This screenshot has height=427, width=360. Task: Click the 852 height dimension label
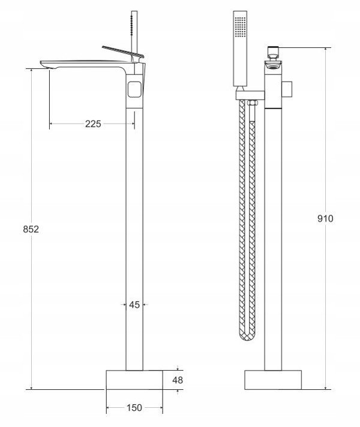31,229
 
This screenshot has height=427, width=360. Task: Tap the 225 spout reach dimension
93,124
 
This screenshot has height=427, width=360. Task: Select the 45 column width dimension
134,305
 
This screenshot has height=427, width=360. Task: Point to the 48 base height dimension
178,380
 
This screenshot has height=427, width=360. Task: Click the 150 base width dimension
134,408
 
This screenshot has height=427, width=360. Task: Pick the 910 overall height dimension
325,218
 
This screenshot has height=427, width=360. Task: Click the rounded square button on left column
134,89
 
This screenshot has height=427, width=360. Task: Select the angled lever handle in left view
123,52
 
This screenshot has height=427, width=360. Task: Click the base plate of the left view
134,380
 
